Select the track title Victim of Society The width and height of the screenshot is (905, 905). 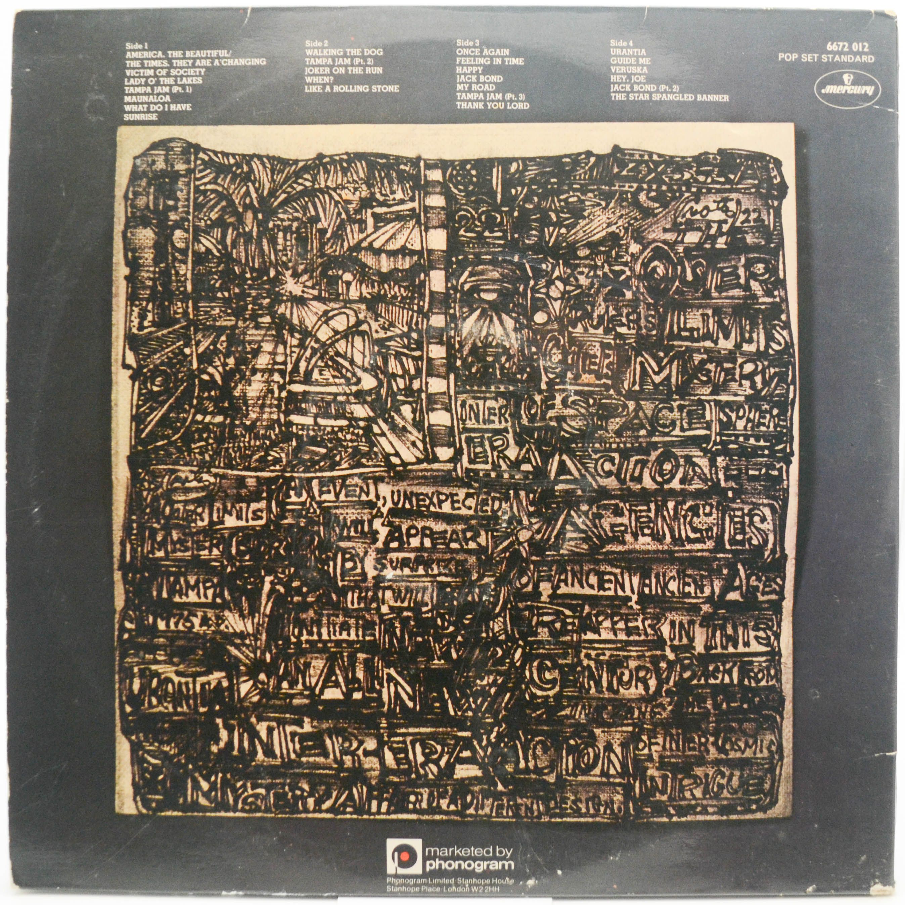pyautogui.click(x=165, y=71)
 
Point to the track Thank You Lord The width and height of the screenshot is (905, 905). pyautogui.click(x=493, y=105)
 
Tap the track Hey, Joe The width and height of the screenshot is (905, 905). pyautogui.click(x=629, y=79)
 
